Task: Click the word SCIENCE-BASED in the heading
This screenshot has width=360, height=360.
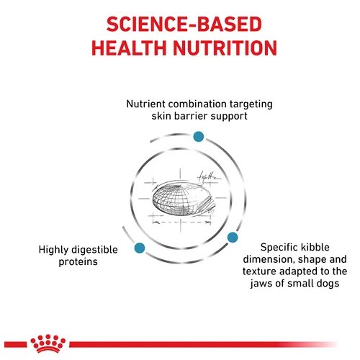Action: [184, 24]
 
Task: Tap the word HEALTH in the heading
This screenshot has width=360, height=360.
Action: [129, 48]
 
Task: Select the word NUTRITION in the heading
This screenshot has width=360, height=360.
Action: [225, 48]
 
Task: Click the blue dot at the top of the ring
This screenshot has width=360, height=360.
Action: [199, 137]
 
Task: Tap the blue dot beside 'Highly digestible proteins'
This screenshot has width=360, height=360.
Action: [140, 248]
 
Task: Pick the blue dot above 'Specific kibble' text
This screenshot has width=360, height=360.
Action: [233, 237]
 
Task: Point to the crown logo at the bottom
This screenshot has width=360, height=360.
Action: [48, 343]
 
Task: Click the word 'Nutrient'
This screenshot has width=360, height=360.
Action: [145, 104]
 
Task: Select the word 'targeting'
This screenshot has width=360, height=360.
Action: [251, 105]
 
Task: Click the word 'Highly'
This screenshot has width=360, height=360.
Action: [53, 250]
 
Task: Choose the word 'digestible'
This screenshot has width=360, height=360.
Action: [94, 250]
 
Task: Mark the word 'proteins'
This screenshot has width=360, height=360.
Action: [78, 262]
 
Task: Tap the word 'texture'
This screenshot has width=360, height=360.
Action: [259, 271]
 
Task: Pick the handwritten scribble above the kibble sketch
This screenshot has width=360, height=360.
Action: [208, 177]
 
